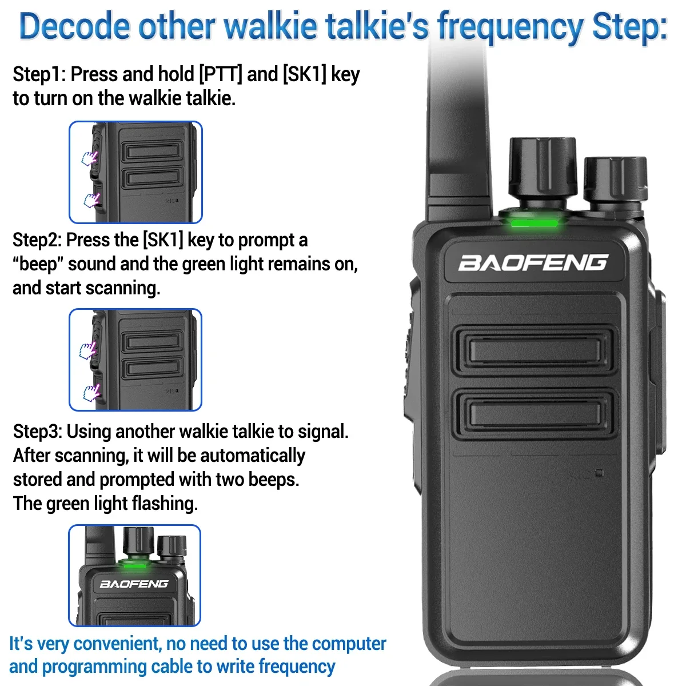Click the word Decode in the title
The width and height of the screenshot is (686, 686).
tap(75, 26)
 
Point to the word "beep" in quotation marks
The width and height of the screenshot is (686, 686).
tap(38, 264)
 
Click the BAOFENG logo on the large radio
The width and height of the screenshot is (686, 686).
tap(533, 263)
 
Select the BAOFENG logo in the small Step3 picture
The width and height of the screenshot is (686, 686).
tap(134, 584)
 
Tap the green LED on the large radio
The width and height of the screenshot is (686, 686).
tap(535, 224)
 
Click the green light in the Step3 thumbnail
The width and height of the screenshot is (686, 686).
tap(134, 566)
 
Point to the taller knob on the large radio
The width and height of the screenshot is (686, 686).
tap(543, 168)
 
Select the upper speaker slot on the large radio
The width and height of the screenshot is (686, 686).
tap(535, 350)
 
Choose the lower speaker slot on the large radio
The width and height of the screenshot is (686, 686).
tap(535, 414)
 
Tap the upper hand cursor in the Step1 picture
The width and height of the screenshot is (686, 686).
tap(89, 158)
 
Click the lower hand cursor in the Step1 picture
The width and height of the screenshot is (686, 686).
tap(91, 200)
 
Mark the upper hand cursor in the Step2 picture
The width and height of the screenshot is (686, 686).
tap(87, 350)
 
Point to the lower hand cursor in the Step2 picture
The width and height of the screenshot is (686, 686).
tap(91, 393)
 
